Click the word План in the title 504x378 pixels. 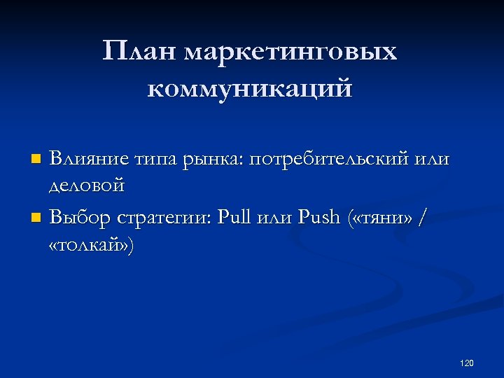point(140,52)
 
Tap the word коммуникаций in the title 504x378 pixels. point(251,90)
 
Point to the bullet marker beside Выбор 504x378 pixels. point(37,218)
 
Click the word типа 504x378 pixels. point(157,160)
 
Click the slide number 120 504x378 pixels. point(467,363)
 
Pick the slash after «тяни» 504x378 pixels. point(420,218)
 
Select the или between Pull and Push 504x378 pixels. point(277,219)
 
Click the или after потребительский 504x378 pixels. point(433,160)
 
